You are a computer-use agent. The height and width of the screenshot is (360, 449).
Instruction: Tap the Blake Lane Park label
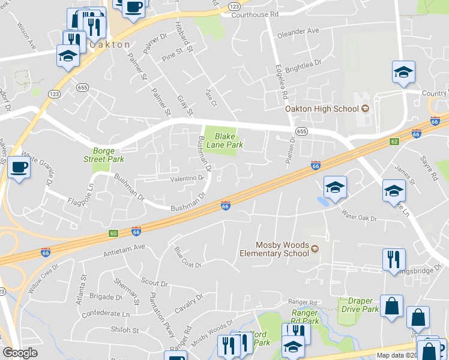tap(224, 140)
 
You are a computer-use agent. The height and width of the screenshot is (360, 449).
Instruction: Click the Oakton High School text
tap(322, 109)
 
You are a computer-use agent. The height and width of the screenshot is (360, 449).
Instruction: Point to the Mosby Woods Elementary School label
tap(282, 249)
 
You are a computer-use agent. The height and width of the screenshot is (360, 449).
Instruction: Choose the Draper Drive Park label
tap(360, 305)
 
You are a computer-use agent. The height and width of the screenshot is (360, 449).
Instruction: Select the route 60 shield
tap(113, 232)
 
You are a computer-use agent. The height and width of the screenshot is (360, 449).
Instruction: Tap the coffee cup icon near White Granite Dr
tap(19, 167)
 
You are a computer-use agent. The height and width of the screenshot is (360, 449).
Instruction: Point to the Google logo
tap(20, 353)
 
